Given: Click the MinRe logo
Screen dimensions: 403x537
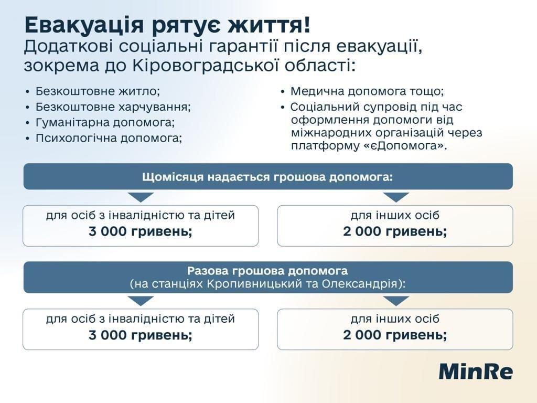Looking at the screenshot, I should (x=475, y=371).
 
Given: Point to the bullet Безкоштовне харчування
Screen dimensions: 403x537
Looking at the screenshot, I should (x=113, y=107).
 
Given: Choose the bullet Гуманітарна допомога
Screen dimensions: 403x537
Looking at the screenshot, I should (x=105, y=122).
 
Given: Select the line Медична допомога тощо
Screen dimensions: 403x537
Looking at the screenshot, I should (x=367, y=91).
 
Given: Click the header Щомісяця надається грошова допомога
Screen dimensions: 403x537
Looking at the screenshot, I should (x=267, y=177).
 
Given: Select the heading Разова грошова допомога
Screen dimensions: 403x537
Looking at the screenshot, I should (x=267, y=271).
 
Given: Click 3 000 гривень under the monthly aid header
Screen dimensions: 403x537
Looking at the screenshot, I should (x=141, y=232).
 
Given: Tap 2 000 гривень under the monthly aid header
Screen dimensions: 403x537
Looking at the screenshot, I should (x=395, y=232).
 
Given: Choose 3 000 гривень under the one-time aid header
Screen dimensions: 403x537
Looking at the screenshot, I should (x=141, y=335).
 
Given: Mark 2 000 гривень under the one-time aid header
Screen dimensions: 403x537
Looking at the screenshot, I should (x=395, y=335).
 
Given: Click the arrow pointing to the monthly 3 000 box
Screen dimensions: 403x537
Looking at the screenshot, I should (x=141, y=197).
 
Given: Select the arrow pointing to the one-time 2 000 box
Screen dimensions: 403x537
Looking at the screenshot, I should (x=396, y=300).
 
